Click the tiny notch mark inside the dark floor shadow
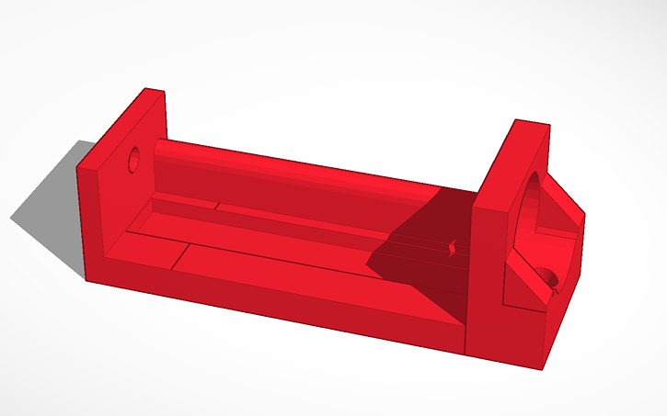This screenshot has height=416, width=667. tap(451, 248)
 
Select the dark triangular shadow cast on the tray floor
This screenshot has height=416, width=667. tap(423, 248)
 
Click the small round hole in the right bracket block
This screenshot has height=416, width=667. tap(548, 276)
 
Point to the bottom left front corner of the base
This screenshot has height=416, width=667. tap(86, 279)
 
